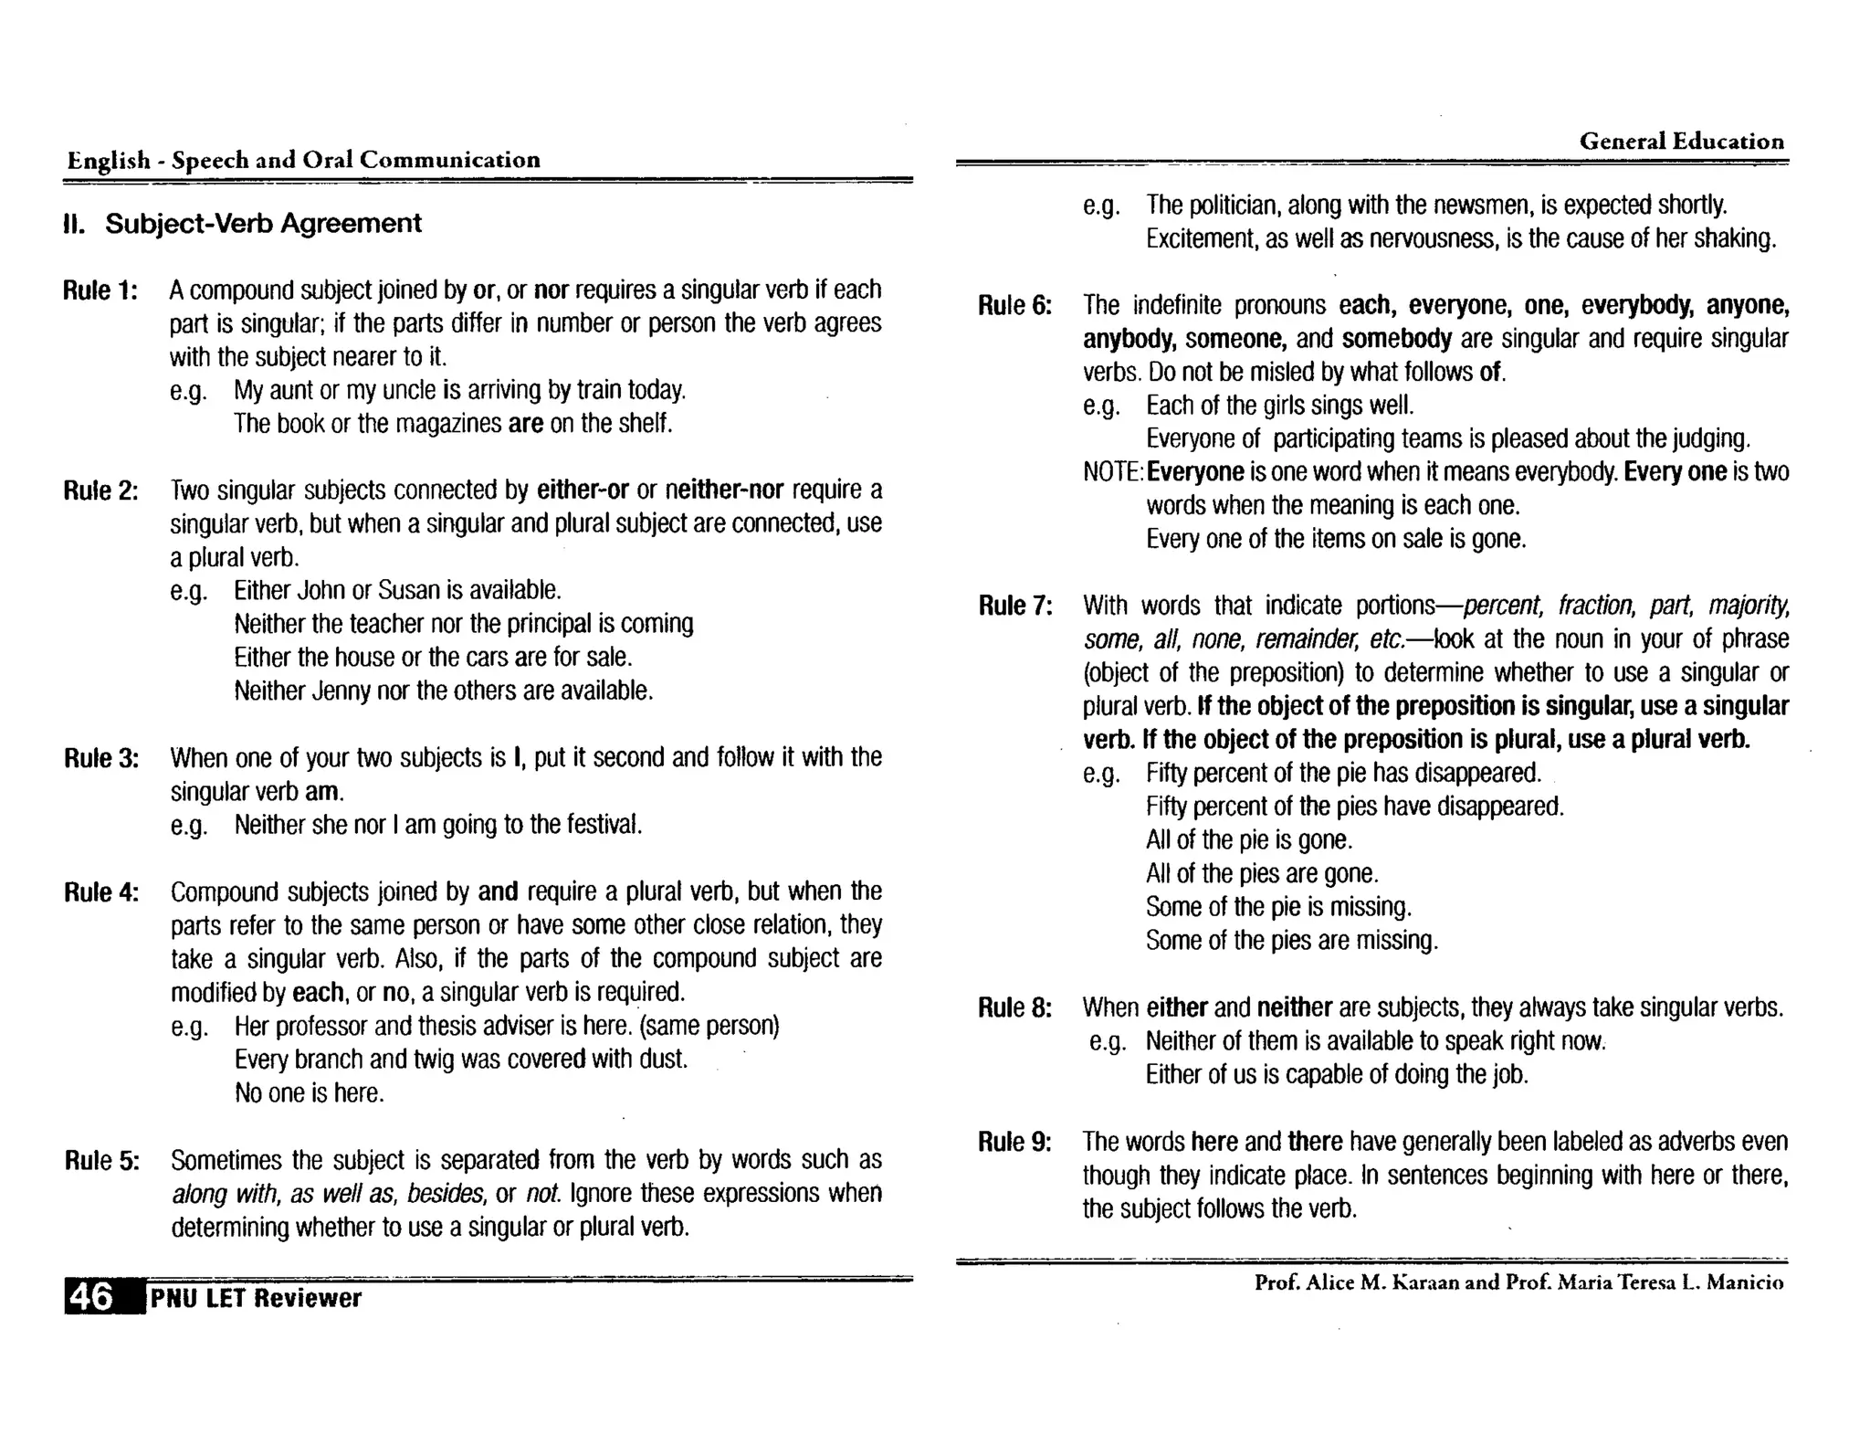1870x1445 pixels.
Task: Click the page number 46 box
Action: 92,1297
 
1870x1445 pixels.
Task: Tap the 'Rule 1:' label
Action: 100,290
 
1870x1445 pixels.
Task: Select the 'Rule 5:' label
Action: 101,1161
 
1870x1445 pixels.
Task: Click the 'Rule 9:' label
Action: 1014,1143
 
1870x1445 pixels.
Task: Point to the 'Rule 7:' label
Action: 1014,606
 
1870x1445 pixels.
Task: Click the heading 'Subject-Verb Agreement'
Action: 263,224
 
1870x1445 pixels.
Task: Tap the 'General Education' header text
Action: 1681,142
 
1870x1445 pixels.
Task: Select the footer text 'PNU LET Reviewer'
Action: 256,1298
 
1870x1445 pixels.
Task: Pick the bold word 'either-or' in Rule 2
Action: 583,490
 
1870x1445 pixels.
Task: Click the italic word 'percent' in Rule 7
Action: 1502,606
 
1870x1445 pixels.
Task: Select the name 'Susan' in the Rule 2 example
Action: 409,590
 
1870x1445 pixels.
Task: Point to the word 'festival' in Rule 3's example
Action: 603,825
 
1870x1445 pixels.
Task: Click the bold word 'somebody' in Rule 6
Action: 1396,339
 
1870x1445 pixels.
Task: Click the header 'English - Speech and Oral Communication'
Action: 303,161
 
